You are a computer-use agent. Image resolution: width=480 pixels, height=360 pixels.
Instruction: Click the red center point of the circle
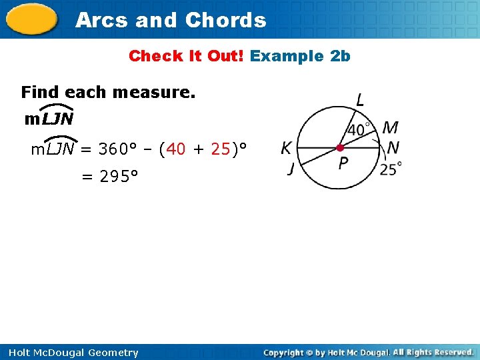[x=340, y=147]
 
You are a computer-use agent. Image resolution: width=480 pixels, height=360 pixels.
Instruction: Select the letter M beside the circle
[x=391, y=127]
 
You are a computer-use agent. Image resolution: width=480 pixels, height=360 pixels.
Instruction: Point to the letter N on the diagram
[x=393, y=147]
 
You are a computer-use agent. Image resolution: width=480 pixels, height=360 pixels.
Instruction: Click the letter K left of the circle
[x=287, y=147]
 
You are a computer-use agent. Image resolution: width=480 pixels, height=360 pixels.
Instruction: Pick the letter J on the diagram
[x=291, y=169]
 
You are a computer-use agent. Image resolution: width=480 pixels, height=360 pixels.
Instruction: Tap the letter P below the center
[x=343, y=163]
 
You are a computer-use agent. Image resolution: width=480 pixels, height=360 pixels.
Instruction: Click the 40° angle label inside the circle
[x=360, y=129]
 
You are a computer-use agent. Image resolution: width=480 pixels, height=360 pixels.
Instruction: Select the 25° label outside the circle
[x=391, y=169]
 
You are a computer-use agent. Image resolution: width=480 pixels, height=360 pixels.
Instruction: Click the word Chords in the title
[x=225, y=20]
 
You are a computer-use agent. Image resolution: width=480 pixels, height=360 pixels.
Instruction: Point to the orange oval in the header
[x=31, y=20]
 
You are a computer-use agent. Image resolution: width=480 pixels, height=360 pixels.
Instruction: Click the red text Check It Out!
[x=186, y=56]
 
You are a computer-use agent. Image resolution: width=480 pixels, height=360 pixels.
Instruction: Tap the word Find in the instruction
[x=39, y=92]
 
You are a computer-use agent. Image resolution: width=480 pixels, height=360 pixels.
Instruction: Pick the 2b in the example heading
[x=340, y=56]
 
